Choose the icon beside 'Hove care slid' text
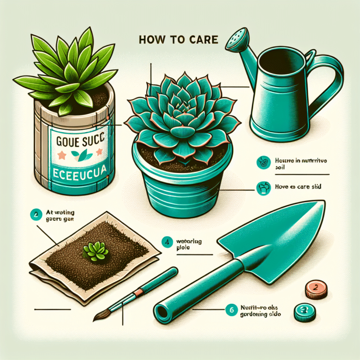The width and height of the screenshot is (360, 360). pyautogui.click(x=262, y=188)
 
